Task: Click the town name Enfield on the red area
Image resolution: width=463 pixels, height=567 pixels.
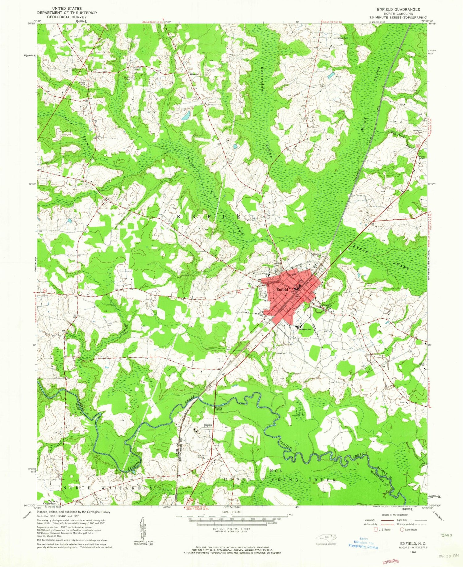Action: click(x=282, y=290)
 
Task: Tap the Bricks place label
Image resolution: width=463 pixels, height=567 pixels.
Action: click(x=208, y=425)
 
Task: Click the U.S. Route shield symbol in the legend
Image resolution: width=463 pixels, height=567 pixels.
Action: click(x=376, y=530)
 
